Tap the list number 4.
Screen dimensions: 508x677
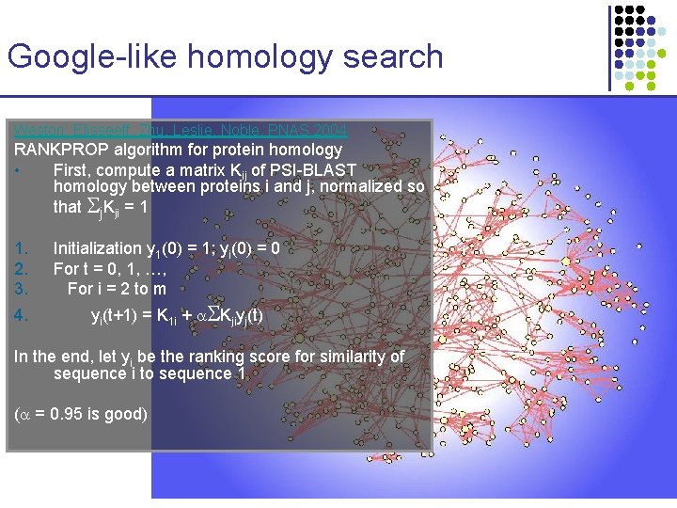pos(21,317)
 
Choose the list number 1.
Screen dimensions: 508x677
pos(21,248)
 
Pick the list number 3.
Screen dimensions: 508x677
pos(21,289)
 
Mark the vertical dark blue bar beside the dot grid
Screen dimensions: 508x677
pos(605,46)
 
